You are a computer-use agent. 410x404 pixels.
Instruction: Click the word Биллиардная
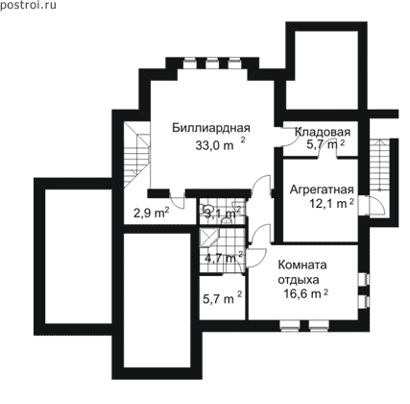[x=211, y=128]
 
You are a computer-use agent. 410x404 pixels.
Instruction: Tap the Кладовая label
[x=323, y=132]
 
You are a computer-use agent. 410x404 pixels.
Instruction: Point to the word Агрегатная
[x=322, y=189]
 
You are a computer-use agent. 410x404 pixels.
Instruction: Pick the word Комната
[x=302, y=265]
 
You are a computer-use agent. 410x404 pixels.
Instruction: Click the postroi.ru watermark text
[x=28, y=5]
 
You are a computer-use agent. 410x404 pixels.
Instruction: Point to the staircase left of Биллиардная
[x=137, y=155]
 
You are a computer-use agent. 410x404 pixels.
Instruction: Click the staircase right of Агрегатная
[x=379, y=165]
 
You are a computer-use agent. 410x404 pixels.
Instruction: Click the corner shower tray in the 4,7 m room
[x=208, y=238]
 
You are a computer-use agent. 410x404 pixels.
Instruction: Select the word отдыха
[x=299, y=280]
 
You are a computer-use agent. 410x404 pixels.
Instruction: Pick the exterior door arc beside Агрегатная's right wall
[x=376, y=205]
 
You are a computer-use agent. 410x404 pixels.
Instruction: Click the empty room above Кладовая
[x=326, y=70]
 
